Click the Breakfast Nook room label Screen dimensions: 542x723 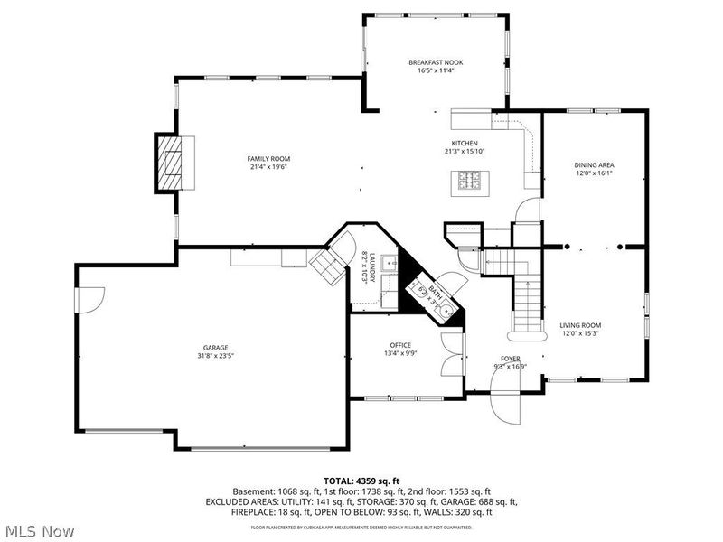point(436,62)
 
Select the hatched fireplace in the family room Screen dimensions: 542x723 point(169,163)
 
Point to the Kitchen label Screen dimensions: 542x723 point(465,143)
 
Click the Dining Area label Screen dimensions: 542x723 point(594,164)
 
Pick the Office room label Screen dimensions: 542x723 point(400,345)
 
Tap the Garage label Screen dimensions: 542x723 point(215,348)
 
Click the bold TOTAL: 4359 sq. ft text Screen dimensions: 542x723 point(361,480)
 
